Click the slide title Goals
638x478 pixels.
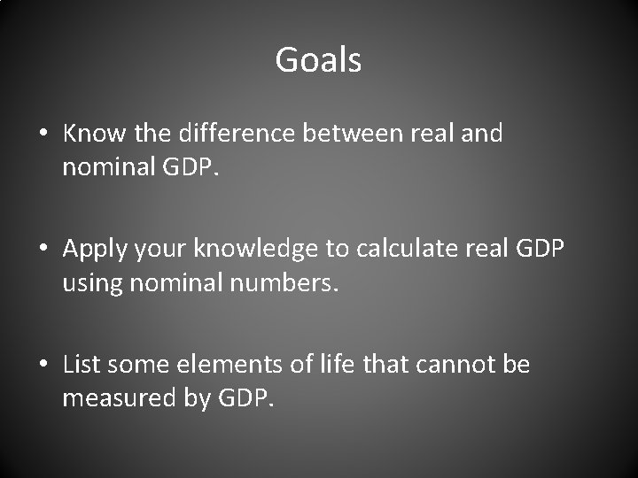[x=318, y=60]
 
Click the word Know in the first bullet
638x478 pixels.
[x=89, y=134]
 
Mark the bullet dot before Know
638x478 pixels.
[x=43, y=135]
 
